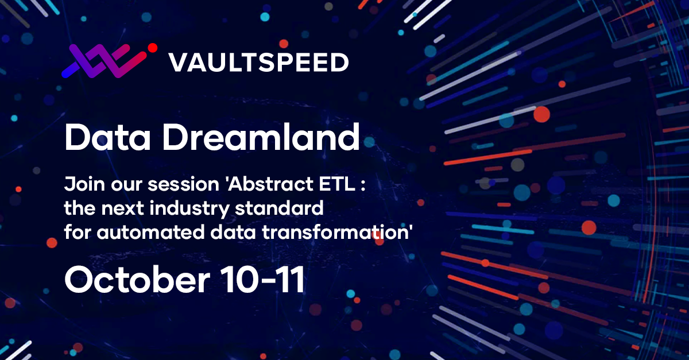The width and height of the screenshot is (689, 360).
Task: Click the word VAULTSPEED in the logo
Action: (259, 63)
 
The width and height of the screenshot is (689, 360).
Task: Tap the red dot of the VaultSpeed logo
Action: (153, 48)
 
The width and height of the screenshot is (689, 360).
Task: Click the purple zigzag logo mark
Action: (104, 61)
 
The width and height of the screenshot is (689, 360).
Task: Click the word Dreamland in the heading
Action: (261, 137)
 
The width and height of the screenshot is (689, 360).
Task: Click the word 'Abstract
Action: (270, 184)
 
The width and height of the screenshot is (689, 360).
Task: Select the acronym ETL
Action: (337, 184)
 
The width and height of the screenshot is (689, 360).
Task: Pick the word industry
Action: (190, 208)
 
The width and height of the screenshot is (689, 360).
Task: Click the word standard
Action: (279, 208)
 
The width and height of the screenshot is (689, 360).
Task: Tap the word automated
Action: (150, 232)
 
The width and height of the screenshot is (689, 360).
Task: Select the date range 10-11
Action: (263, 280)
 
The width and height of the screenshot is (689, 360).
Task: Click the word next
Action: (122, 208)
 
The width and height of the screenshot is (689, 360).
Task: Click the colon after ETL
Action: (363, 185)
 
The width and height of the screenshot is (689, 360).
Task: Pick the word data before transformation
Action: (233, 232)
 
